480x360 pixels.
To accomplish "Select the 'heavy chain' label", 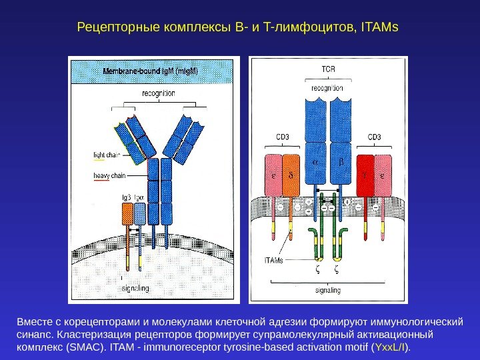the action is pos(109,176).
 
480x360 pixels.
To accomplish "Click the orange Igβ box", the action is pos(127,214).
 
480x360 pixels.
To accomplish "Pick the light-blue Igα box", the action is pos(140,214).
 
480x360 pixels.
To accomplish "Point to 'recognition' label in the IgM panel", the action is pos(159,93).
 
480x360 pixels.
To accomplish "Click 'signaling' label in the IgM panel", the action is pos(135,288).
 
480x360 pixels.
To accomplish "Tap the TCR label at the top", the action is pos(329,69).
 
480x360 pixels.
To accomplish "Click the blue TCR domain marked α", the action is pos(315,162).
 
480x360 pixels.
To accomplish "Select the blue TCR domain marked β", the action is pos(341,162).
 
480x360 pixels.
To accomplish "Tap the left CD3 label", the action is pos(283,138).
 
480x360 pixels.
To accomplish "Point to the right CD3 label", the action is pos(375,138).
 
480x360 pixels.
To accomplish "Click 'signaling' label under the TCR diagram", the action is pos(328,290).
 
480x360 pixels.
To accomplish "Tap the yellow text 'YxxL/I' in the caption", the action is pos(391,348).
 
